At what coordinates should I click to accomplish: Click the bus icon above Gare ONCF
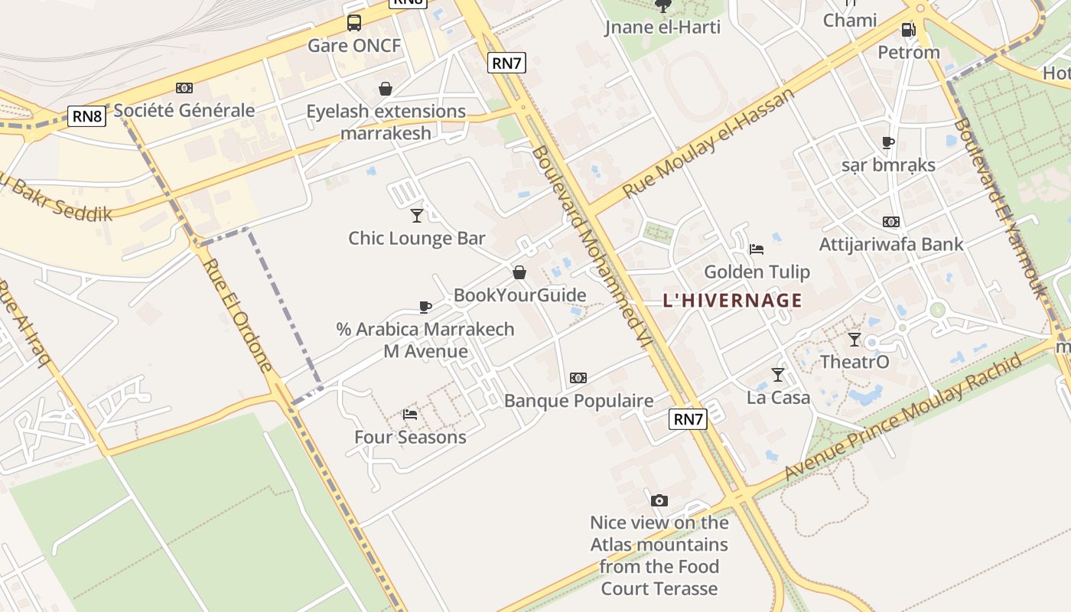pos(353,22)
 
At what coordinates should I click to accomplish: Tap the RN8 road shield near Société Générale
pos(86,116)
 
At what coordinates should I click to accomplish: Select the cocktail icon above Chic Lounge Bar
pos(417,215)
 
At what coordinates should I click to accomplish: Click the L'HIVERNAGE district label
pos(732,300)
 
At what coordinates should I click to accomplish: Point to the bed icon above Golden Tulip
pos(757,249)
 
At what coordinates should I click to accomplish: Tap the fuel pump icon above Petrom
pos(908,30)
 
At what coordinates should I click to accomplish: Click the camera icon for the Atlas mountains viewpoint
pos(659,500)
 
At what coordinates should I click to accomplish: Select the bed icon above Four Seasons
pos(410,415)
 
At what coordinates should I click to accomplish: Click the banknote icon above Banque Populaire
pos(578,378)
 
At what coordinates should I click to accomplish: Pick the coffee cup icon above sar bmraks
pos(888,142)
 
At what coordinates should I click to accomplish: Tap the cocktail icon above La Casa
pos(778,374)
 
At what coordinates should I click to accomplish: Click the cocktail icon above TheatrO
pos(855,339)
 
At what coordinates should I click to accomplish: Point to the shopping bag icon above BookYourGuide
pos(519,272)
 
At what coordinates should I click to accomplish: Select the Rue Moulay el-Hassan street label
pos(708,143)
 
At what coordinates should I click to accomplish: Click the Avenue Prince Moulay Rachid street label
pos(903,417)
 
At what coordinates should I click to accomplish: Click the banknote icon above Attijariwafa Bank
pos(891,222)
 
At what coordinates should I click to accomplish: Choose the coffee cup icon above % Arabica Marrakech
pos(425,307)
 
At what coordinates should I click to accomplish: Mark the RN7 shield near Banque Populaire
pos(688,418)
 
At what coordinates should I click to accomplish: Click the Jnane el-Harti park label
pos(662,28)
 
